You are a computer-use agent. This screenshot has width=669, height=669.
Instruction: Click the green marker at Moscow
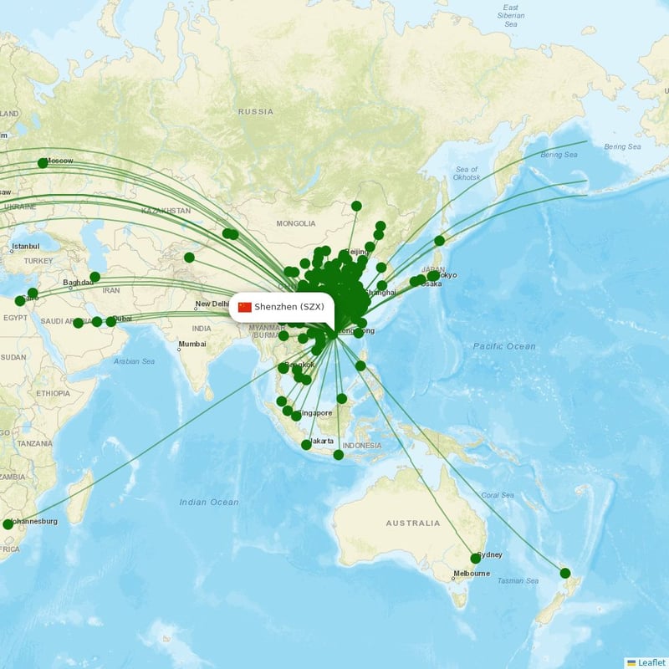[x=43, y=163]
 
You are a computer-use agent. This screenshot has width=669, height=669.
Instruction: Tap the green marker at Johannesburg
[x=8, y=524]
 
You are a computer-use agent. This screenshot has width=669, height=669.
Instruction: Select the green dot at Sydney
[x=476, y=558]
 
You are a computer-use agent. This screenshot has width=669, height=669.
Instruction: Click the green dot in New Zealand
[x=565, y=573]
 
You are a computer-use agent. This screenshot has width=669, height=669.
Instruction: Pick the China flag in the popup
[x=245, y=307]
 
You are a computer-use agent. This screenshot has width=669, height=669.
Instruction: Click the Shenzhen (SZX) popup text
[x=290, y=307]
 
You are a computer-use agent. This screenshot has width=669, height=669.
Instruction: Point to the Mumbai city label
[x=192, y=344]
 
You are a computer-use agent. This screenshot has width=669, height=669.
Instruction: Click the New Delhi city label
[x=212, y=304]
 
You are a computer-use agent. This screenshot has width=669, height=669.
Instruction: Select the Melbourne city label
[x=471, y=574]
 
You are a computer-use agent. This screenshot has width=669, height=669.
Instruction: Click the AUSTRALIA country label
[x=412, y=523]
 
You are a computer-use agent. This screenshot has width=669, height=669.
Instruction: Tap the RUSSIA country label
[x=255, y=111]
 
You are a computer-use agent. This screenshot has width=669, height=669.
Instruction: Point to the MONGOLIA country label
[x=296, y=223]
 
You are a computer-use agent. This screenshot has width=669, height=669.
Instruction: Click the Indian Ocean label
[x=208, y=502]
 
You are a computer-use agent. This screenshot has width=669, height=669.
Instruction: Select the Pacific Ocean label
[x=504, y=346]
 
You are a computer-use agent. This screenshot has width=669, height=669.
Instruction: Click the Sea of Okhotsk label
[x=466, y=173]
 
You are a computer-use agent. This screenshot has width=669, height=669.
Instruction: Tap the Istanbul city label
[x=25, y=248]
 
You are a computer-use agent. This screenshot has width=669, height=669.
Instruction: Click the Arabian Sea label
[x=135, y=361]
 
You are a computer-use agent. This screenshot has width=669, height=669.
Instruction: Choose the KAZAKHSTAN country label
[x=166, y=211]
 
